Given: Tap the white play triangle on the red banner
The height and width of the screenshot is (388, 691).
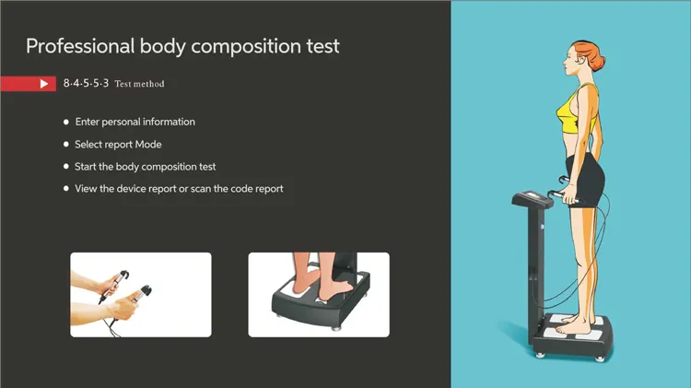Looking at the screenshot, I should pos(43,84).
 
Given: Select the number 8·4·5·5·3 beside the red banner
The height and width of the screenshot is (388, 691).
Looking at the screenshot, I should pos(87,84).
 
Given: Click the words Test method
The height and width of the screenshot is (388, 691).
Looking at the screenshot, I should pos(140,84).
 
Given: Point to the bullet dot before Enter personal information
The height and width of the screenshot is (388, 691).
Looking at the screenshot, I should pos(65,122).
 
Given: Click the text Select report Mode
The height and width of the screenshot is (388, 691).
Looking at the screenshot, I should pos(118,145).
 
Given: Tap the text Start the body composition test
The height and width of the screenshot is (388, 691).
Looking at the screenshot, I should pos(146,167).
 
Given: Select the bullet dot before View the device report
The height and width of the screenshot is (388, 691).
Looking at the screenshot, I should pos(65,189).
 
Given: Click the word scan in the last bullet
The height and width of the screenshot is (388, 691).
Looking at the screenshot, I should pos(210,189).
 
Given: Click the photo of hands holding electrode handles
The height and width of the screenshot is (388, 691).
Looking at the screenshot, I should pos(141,294).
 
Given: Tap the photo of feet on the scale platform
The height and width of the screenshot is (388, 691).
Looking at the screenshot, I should pos(318,294).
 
